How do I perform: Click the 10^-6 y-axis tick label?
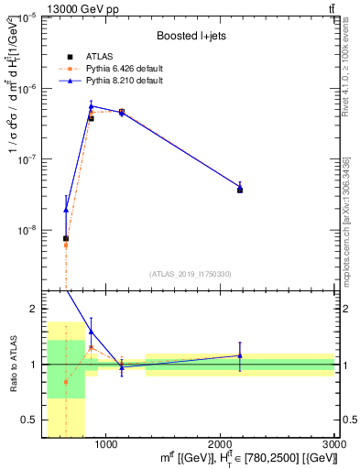click(26, 88)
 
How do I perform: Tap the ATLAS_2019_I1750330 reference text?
click(190, 274)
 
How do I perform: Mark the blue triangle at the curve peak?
click(92, 105)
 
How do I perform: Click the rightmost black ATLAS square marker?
click(240, 190)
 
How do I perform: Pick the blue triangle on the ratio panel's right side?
click(240, 355)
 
